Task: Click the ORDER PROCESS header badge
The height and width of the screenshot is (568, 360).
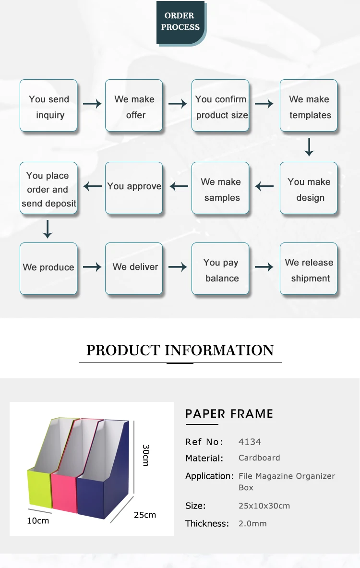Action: tap(180, 22)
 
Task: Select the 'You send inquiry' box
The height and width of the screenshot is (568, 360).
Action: tap(48, 106)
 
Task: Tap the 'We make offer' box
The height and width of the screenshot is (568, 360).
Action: tap(134, 106)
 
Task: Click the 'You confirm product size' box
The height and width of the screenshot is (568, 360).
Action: tap(220, 106)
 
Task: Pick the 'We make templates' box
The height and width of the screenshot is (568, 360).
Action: tap(309, 106)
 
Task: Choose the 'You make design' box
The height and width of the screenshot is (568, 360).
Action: tap(309, 188)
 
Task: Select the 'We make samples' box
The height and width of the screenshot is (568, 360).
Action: tap(220, 188)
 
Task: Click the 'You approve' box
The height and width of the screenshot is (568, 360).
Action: tap(134, 187)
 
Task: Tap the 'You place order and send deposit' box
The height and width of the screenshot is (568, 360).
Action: tap(48, 188)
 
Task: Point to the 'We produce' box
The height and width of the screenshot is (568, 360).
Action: tap(48, 268)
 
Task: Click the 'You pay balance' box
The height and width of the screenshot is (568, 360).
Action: tap(220, 269)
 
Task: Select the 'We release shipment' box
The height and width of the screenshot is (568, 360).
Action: tap(309, 269)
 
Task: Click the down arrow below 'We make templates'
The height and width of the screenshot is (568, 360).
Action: tap(309, 147)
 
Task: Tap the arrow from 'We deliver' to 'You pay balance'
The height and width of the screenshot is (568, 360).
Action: tap(178, 267)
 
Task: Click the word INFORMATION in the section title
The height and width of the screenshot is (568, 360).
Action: tap(219, 350)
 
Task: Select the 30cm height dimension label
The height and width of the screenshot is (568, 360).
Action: tap(146, 455)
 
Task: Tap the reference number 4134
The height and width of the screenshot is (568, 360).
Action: tap(250, 442)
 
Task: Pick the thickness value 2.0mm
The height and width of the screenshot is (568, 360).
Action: tap(252, 523)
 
